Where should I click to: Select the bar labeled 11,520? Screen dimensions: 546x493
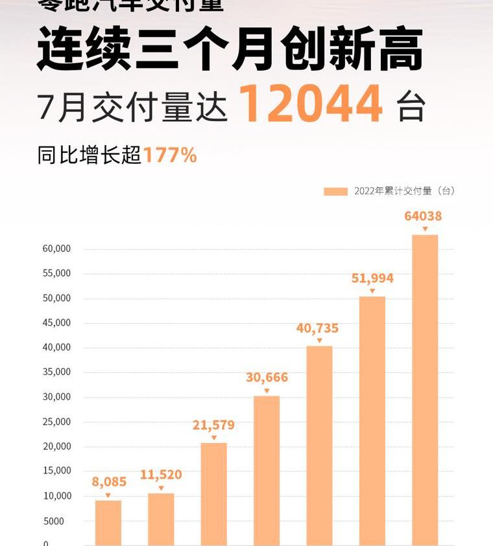161,519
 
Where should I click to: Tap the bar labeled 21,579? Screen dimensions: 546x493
214,494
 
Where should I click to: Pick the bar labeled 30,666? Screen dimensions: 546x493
267,470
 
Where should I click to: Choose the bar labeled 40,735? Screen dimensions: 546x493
319,445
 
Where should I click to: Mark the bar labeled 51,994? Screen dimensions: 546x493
372,420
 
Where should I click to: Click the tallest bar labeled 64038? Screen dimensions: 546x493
425,389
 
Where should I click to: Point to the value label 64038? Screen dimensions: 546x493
423,216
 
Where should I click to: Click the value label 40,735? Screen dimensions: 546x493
318,328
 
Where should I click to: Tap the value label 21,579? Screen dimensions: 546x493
213,426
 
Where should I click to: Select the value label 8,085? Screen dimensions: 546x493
109,482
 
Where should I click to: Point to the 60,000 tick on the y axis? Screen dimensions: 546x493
57,249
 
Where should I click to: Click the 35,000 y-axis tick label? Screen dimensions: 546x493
57,372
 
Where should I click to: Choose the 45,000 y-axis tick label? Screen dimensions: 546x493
57,323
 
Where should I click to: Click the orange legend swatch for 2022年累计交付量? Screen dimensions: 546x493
335,191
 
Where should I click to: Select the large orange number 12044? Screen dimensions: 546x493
311,104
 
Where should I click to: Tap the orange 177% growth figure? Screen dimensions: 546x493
170,155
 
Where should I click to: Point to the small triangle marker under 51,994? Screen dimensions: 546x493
372,291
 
